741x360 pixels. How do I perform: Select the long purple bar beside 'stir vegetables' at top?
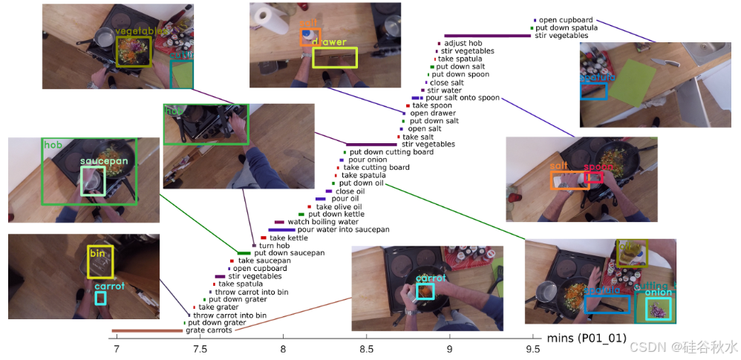(x=487, y=36)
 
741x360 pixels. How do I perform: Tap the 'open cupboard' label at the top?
(x=566, y=20)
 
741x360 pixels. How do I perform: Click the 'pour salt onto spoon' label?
(x=463, y=98)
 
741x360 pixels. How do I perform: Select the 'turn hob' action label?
(x=273, y=245)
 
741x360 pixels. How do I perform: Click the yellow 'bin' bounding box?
(x=100, y=262)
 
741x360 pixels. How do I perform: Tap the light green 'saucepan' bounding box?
(x=93, y=180)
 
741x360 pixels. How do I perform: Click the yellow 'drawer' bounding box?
(x=335, y=58)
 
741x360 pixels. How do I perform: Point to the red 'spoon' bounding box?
(x=593, y=177)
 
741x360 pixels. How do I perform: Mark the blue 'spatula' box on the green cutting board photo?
(x=593, y=91)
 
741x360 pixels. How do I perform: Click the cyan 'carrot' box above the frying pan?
(x=425, y=290)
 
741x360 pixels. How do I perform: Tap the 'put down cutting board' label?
(x=391, y=152)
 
